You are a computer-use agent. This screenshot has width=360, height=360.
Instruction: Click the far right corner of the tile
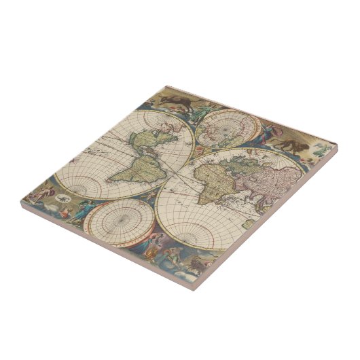336,145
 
